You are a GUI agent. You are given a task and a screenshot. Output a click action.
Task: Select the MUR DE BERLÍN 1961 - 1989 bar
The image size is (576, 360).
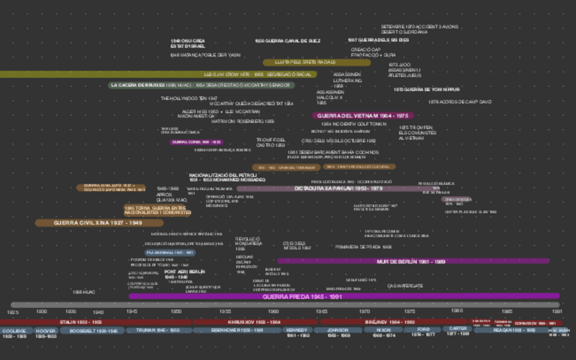pyautogui.click(x=411, y=261)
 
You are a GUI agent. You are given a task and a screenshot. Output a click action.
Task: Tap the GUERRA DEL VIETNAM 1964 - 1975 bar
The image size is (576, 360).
pyautogui.click(x=363, y=115)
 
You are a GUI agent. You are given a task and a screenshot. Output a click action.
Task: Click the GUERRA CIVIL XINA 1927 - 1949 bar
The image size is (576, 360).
pyautogui.click(x=98, y=223)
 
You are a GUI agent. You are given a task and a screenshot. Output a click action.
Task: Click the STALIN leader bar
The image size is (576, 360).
pyautogui.click(x=80, y=322)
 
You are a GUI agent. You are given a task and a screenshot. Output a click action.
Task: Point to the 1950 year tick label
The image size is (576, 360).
pyautogui.click(x=176, y=311)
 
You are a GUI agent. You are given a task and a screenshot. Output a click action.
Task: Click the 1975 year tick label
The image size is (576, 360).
pyautogui.click(x=410, y=311)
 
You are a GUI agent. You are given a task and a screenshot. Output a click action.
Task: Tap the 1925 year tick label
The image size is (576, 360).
pyautogui.click(x=13, y=312)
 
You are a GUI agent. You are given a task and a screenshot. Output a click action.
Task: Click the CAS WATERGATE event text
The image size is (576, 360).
pyautogui.click(x=405, y=286)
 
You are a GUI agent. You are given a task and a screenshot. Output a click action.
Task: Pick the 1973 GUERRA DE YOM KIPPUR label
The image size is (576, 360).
pyautogui.click(x=427, y=89)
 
